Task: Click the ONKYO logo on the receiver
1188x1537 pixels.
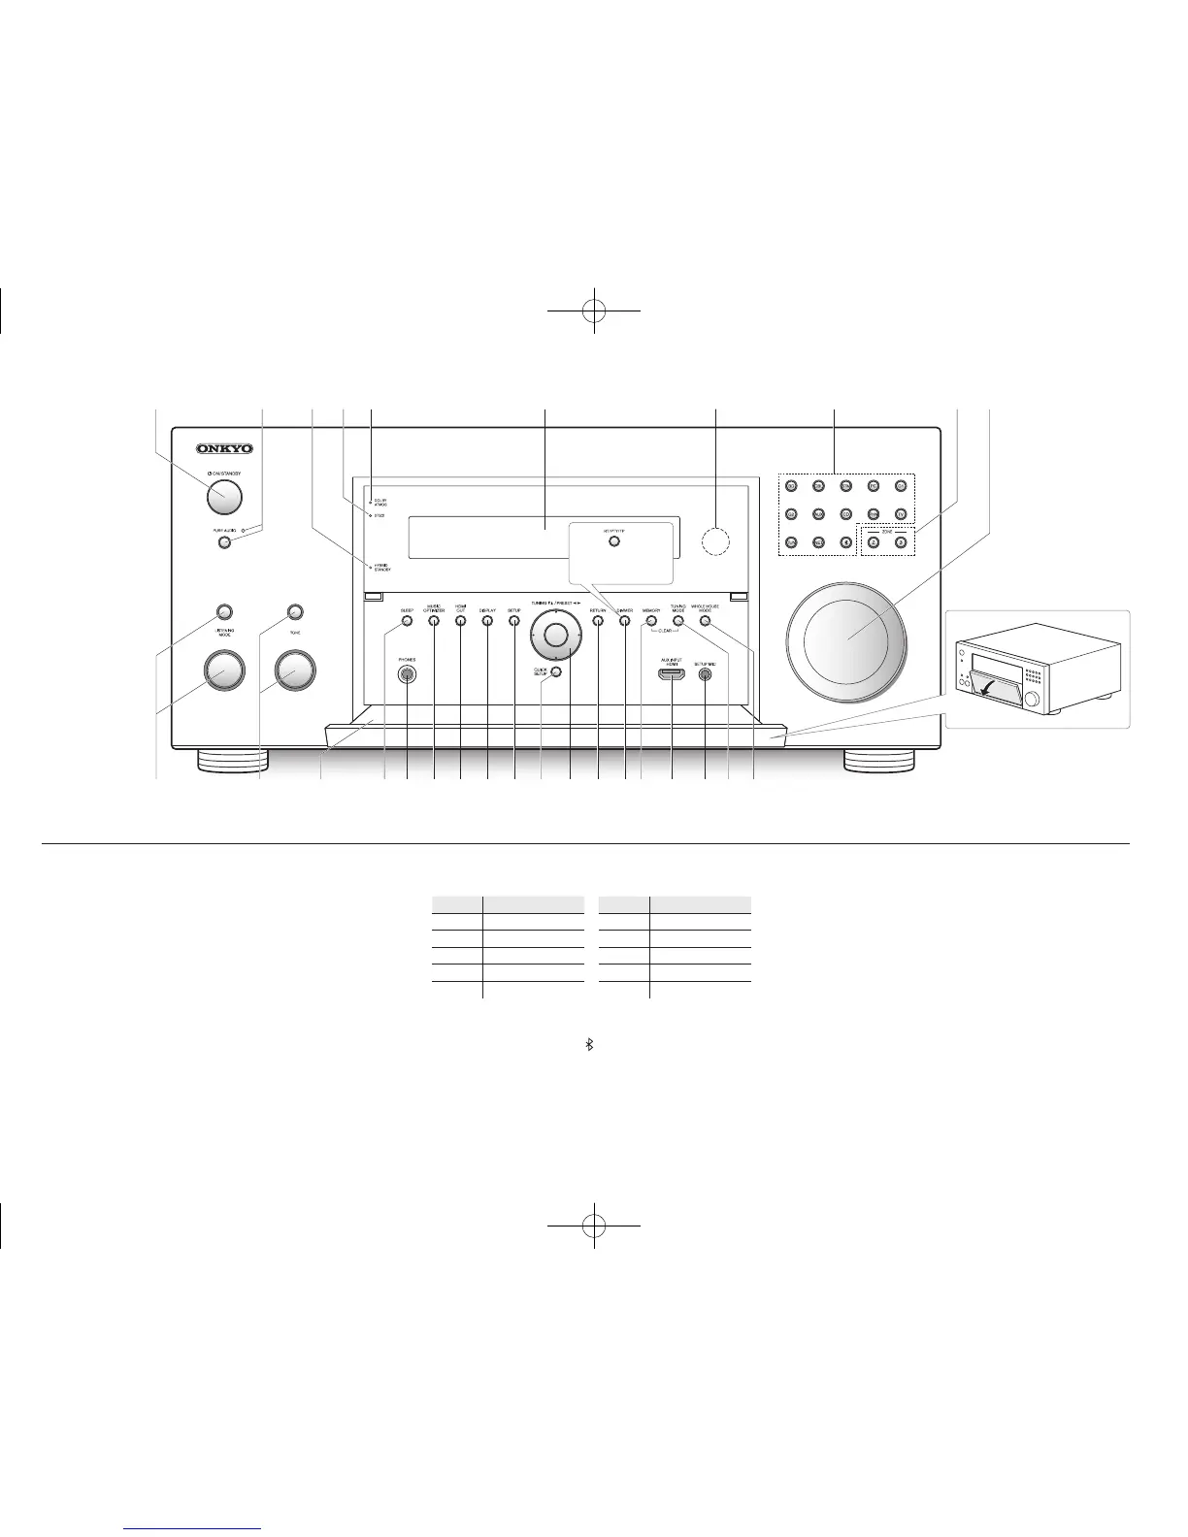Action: [224, 448]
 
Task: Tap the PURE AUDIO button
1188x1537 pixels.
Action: [225, 542]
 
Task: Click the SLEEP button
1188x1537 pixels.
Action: [407, 621]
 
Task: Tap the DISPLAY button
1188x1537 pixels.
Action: [487, 621]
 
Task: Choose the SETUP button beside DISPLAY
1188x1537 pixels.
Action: [514, 621]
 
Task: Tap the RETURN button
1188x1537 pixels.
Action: [598, 621]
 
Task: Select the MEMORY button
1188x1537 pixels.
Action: [650, 621]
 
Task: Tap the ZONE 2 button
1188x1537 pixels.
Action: [874, 541]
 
